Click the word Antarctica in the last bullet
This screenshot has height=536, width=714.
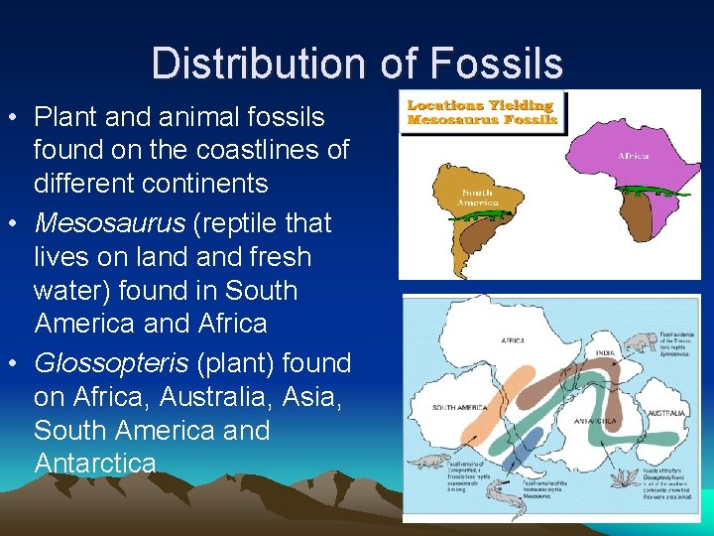[95, 464]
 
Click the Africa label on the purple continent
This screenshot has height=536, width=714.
[634, 156]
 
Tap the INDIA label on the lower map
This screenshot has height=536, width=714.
[605, 352]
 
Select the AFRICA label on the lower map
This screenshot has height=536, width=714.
[514, 339]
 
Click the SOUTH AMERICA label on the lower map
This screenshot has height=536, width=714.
[459, 408]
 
